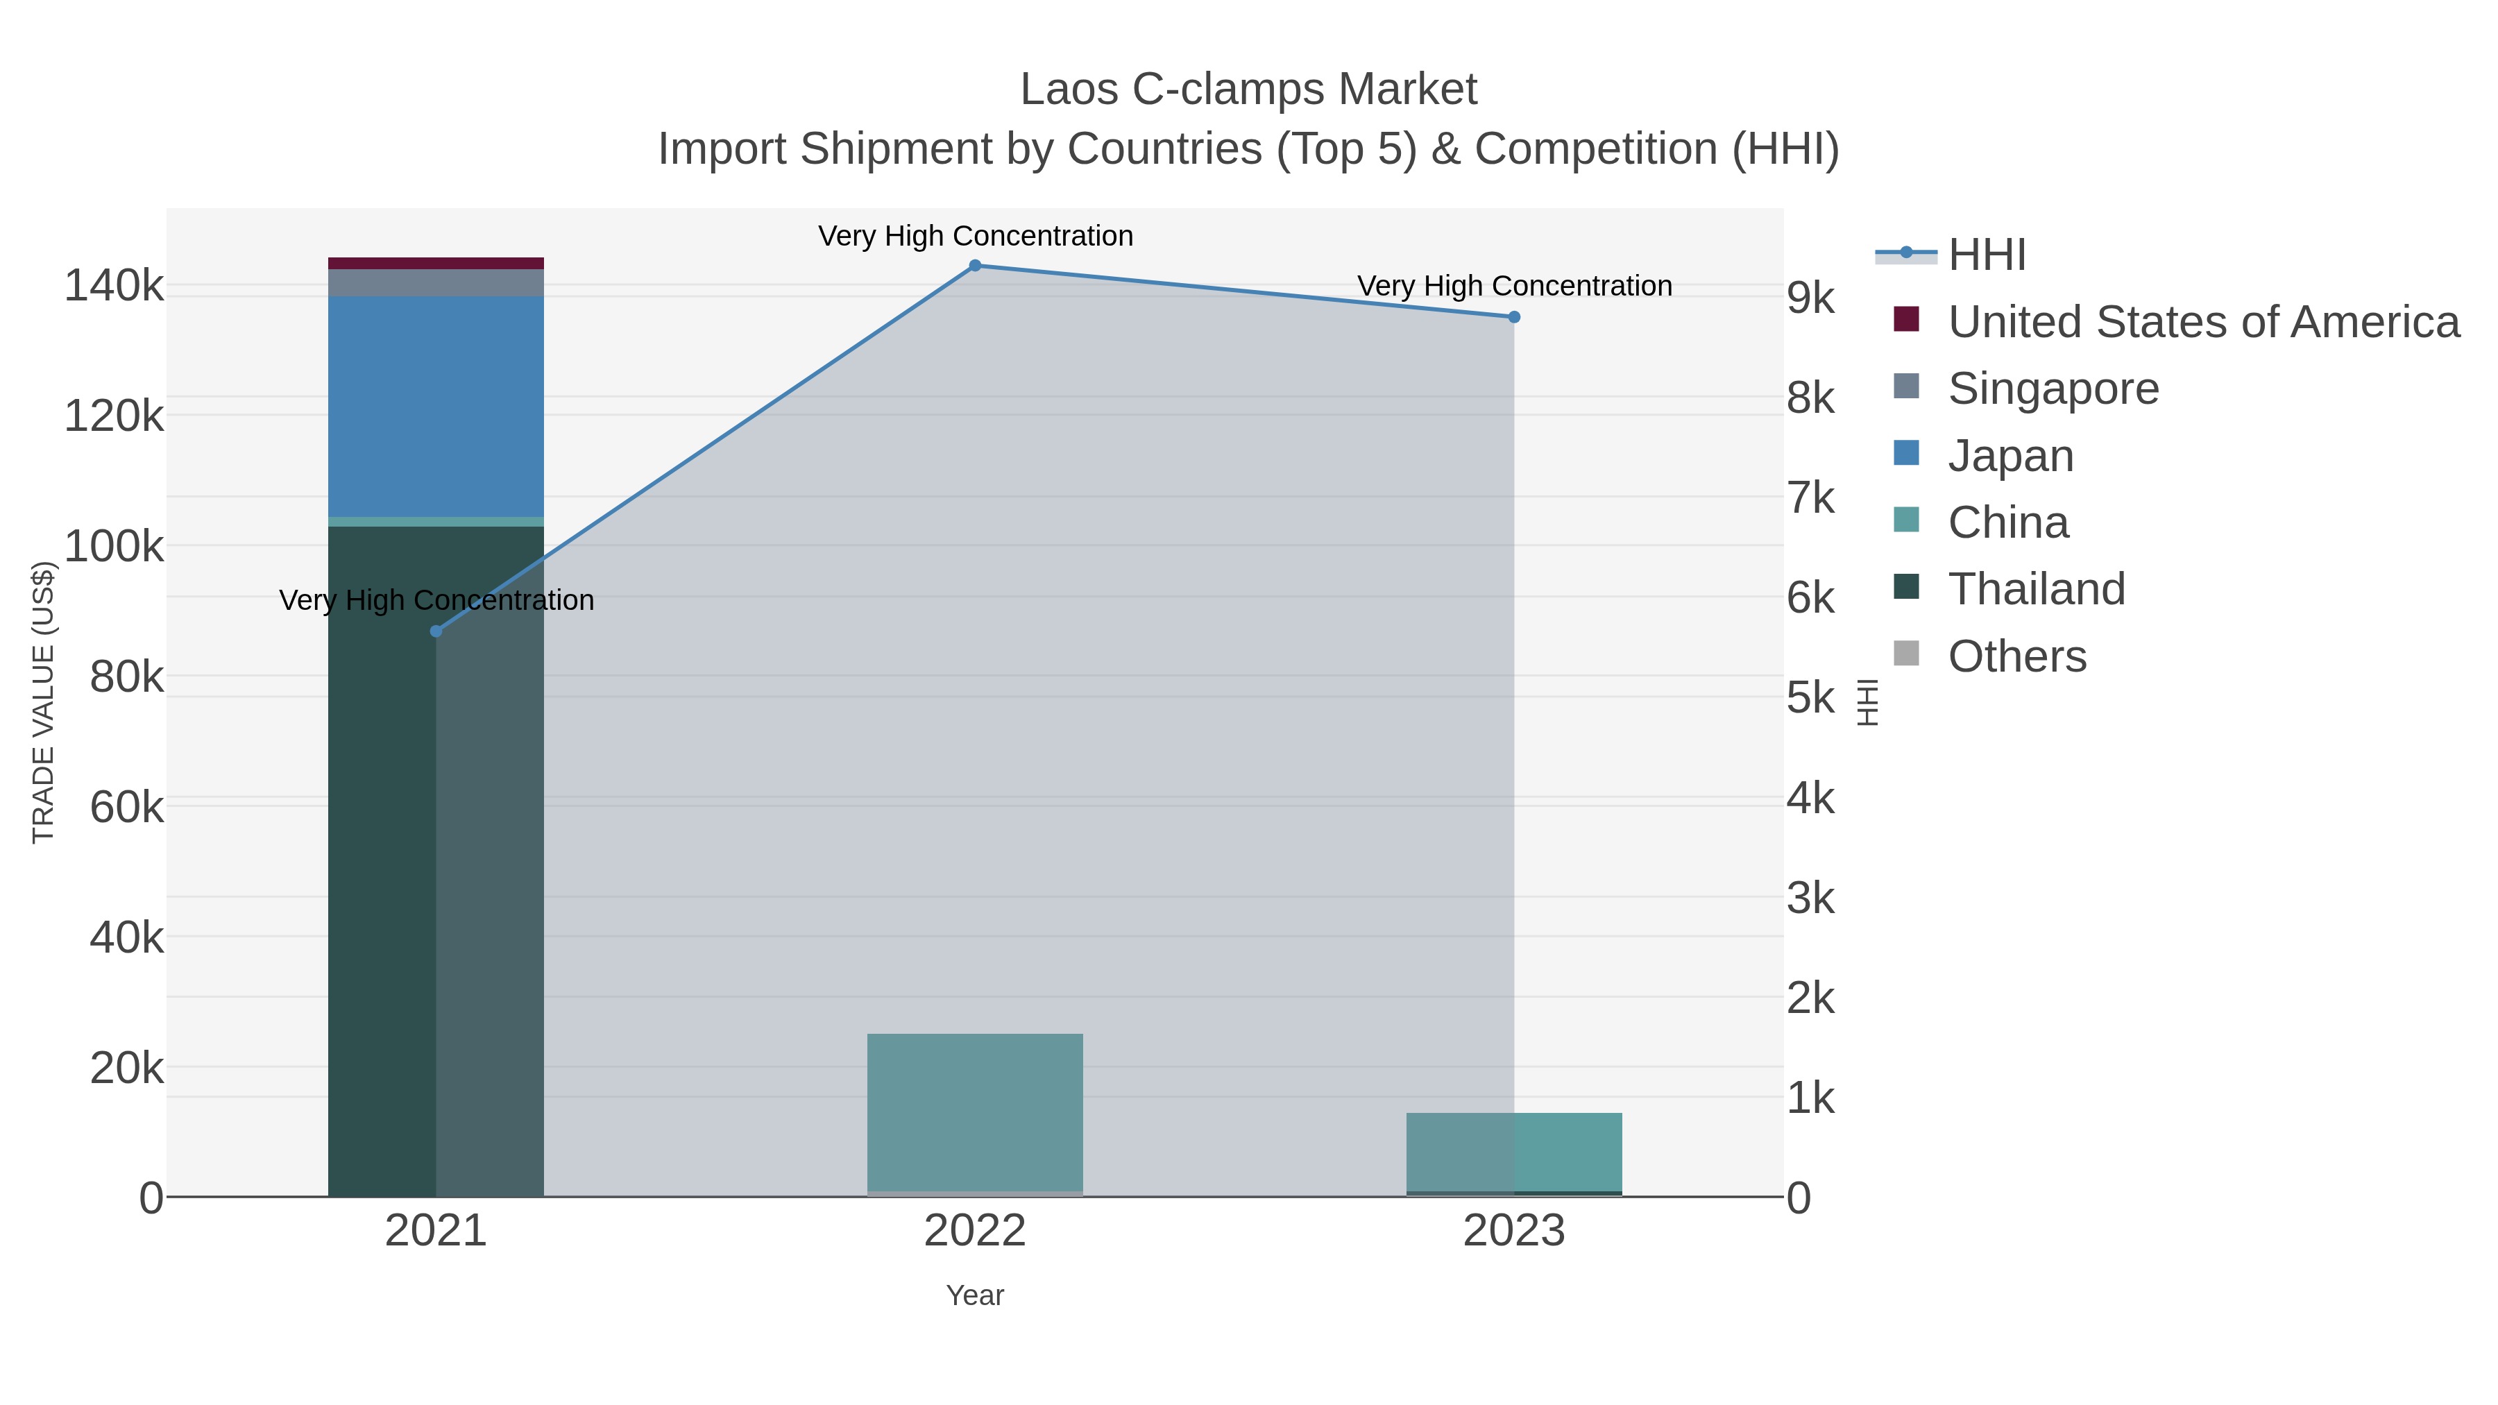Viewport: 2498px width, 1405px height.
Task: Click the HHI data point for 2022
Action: point(975,266)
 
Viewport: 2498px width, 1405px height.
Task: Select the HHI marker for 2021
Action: point(436,631)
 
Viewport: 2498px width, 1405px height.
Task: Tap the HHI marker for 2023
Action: point(1514,317)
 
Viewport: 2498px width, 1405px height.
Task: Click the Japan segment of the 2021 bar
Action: point(436,407)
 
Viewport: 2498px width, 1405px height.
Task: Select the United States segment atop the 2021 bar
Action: point(436,264)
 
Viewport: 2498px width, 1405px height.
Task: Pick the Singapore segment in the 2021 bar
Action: point(436,283)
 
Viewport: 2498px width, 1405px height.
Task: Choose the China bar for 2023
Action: point(1514,1152)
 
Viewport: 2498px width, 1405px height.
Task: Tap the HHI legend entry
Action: point(1986,255)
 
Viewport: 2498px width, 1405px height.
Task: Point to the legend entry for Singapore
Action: point(2053,389)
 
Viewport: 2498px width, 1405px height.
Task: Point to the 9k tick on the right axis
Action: point(1810,298)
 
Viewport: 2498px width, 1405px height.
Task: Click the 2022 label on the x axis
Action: point(975,1232)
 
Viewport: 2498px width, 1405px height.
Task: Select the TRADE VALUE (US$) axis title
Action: point(44,702)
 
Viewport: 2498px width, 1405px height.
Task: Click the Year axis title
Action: point(975,1295)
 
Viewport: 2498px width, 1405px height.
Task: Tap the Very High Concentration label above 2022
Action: point(975,236)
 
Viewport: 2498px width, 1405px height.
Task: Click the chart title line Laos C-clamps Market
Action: point(1248,90)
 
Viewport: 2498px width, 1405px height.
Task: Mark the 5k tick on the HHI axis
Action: point(1810,698)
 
